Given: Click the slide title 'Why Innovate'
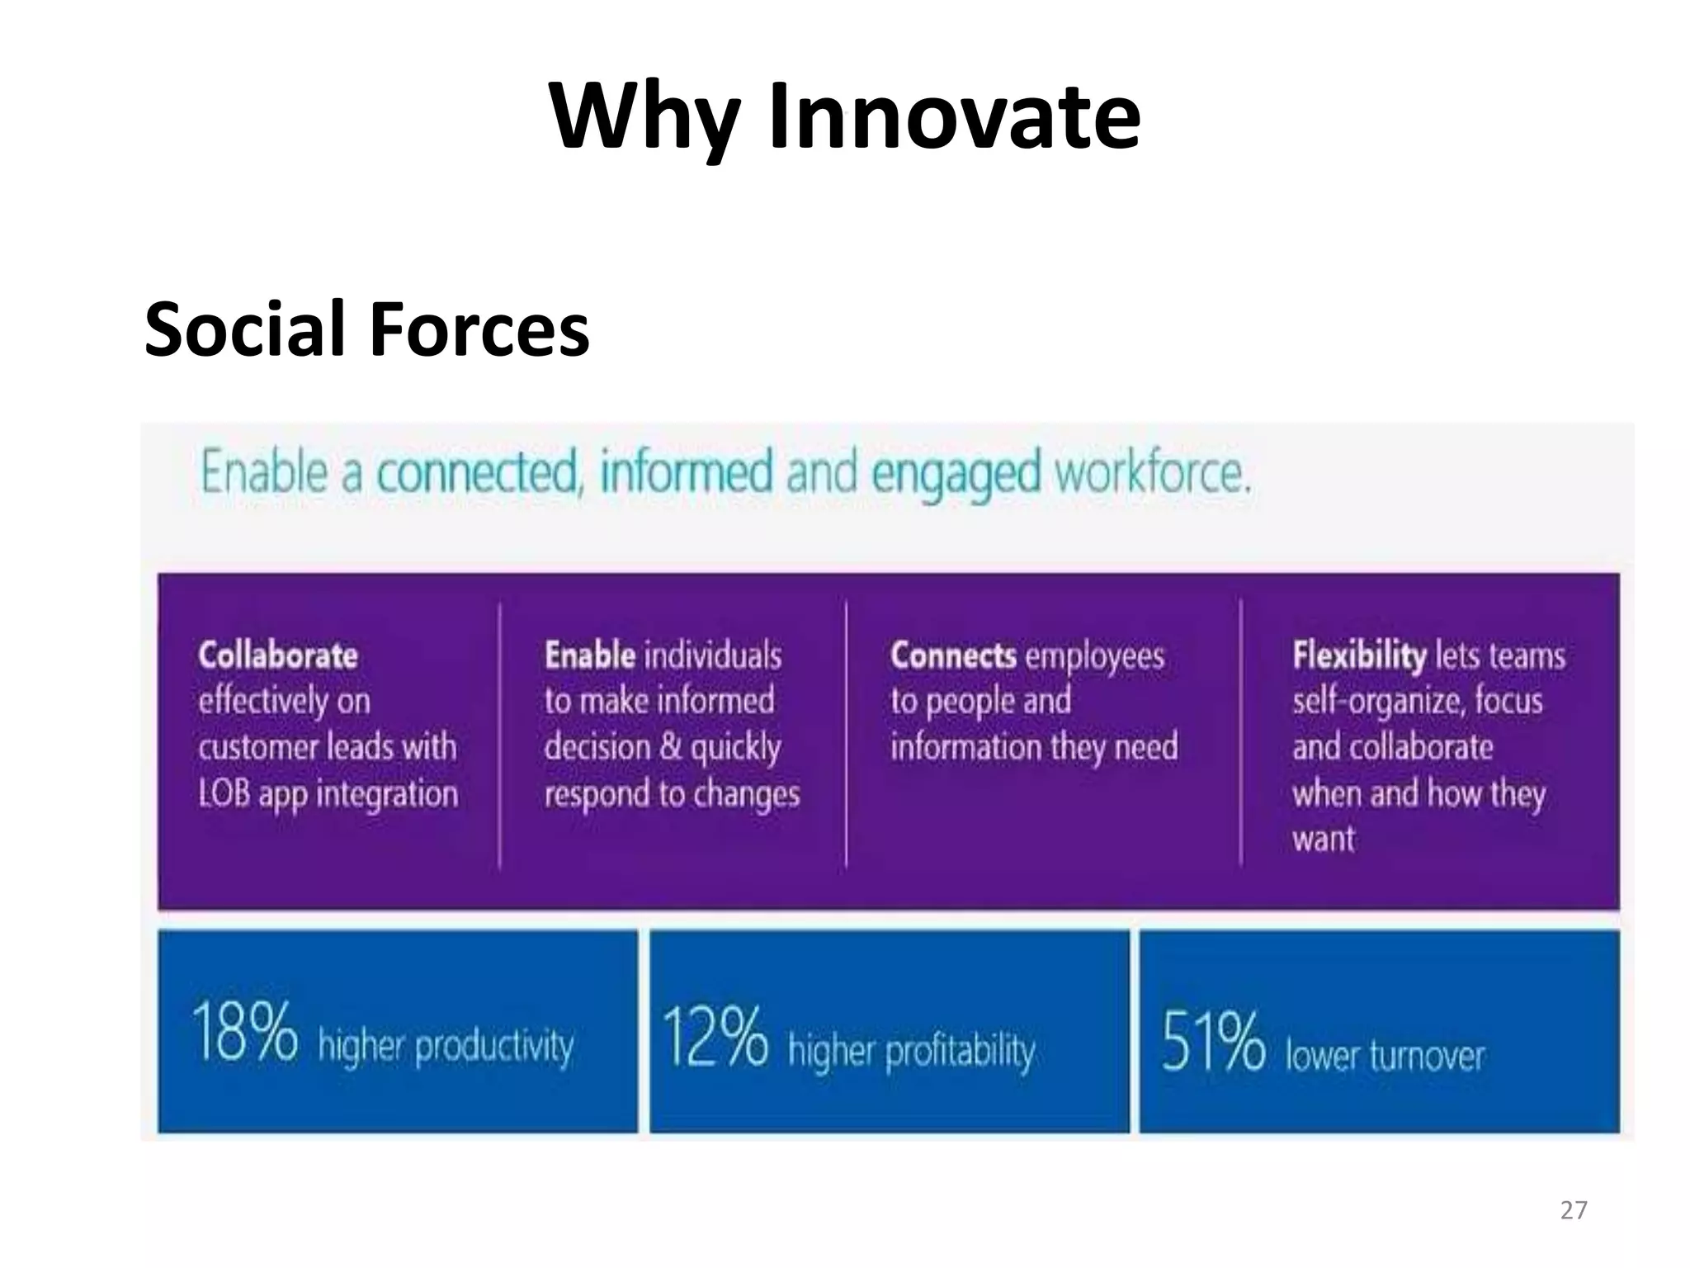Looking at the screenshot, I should point(844,116).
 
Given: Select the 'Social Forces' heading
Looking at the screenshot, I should point(366,329).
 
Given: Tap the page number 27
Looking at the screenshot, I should point(1574,1210).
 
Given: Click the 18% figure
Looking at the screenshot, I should point(244,1032).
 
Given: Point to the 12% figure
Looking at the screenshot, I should point(715,1037).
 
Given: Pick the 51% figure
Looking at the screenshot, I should point(1212,1042).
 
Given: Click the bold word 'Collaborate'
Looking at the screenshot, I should point(278,655).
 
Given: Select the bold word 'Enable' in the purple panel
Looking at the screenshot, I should point(589,655).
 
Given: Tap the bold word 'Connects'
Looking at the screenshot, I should point(953,655).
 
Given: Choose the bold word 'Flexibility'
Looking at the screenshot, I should point(1358,655).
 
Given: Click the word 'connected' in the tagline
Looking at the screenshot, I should point(478,473).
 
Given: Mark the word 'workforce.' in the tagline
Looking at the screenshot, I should point(1153,473).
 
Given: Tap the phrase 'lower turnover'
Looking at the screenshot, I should point(1385,1056).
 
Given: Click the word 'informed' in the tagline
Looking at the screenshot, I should point(687,473).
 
